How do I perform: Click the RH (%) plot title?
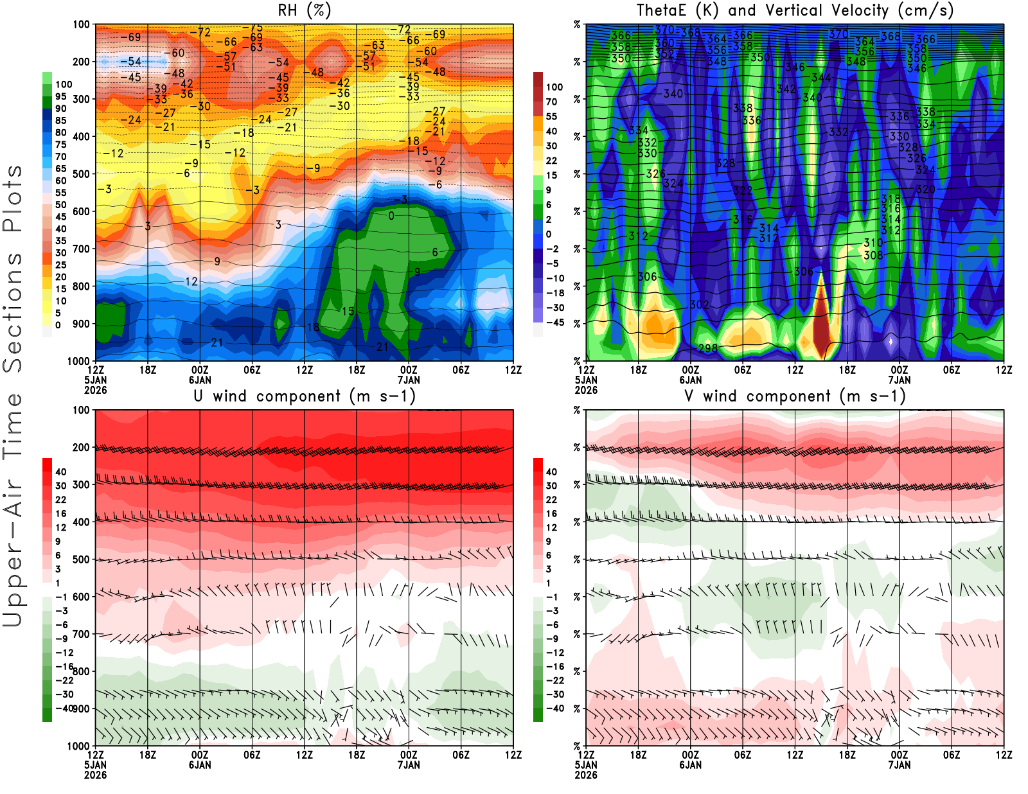point(304,11)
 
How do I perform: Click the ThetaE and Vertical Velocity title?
point(795,11)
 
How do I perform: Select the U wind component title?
point(305,396)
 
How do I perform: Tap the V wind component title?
point(795,396)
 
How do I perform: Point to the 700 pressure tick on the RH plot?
point(82,249)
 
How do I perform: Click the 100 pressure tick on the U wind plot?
point(82,410)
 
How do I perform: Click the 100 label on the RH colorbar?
point(64,85)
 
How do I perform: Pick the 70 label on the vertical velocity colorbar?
point(551,102)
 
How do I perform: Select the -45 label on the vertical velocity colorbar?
point(554,322)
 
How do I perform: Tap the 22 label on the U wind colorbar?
point(61,500)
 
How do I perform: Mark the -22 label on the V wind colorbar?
point(554,680)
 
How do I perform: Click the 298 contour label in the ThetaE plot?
point(708,348)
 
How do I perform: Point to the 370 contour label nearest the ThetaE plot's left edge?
point(664,30)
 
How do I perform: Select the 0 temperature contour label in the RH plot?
point(391,216)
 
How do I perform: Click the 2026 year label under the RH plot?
point(95,390)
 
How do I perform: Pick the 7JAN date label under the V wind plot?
point(899,765)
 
